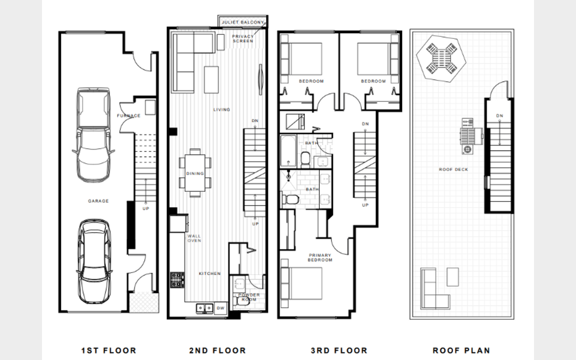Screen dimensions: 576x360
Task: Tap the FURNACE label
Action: (129, 116)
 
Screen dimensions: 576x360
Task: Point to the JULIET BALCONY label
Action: (243, 22)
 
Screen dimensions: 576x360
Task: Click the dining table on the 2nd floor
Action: (195, 173)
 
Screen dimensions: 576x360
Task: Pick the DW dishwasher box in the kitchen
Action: (221, 308)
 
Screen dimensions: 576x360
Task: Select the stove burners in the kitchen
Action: (177, 280)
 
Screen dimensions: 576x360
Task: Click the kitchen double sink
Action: (205, 308)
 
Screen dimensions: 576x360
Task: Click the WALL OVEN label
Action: (194, 238)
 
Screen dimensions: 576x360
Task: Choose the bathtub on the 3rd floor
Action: (288, 151)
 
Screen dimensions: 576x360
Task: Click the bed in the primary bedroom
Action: (301, 283)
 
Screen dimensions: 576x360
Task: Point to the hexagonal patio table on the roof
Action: (441, 59)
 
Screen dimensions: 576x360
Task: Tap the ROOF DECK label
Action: (454, 170)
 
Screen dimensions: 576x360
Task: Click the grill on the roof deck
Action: (471, 136)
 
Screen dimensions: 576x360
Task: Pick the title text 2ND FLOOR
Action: (218, 350)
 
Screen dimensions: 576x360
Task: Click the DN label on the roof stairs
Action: (500, 116)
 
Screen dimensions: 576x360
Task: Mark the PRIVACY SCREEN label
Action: (243, 39)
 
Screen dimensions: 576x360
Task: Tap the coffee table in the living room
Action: (211, 80)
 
